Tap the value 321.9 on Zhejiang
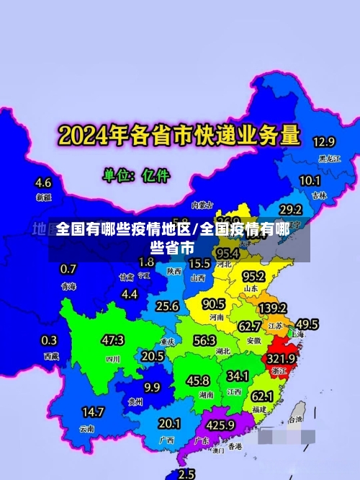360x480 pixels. (x=282, y=358)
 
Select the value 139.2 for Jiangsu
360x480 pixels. (x=272, y=308)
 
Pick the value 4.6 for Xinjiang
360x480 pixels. (x=43, y=182)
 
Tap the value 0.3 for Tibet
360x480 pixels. (x=50, y=340)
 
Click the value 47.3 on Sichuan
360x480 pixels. (x=112, y=339)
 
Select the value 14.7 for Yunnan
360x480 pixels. (x=92, y=412)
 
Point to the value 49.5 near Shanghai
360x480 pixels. (x=307, y=324)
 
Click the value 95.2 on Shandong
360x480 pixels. (x=253, y=276)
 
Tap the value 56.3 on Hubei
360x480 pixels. (x=204, y=340)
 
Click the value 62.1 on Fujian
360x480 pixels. (x=262, y=396)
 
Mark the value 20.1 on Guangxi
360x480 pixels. (x=169, y=423)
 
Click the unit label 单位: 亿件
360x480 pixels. (x=136, y=174)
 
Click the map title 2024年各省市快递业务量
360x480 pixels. (x=179, y=135)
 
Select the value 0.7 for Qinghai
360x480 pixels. (x=68, y=270)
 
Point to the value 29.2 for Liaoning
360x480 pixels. (x=290, y=210)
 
